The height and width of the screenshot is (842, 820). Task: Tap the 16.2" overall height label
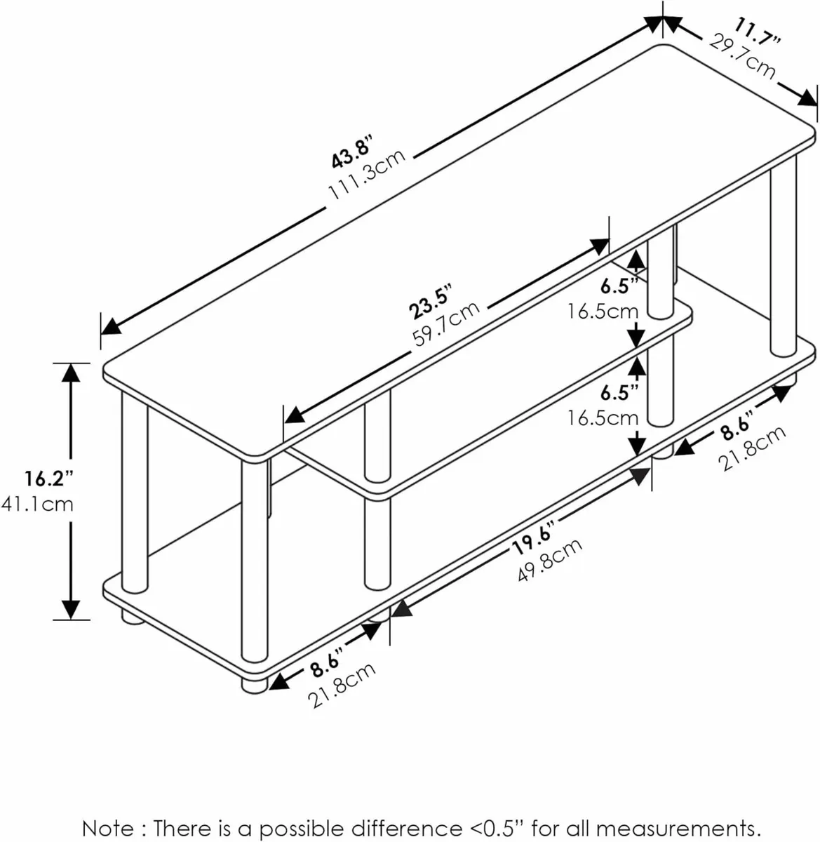pyautogui.click(x=49, y=479)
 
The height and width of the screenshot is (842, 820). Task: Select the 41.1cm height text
pyautogui.click(x=49, y=504)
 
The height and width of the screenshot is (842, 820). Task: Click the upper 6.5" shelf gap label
pyautogui.click(x=619, y=286)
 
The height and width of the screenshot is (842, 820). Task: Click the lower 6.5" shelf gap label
pyautogui.click(x=619, y=392)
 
